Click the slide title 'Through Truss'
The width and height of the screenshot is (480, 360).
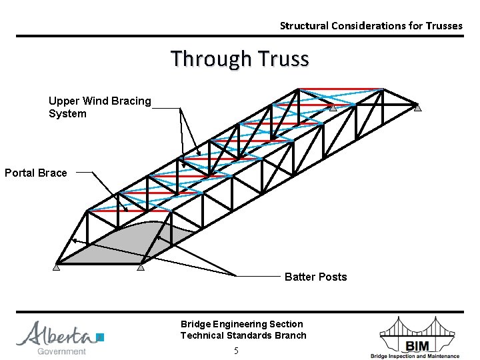pos(240,59)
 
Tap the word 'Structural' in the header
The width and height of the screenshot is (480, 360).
pos(301,26)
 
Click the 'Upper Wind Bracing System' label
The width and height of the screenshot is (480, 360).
pos(100,107)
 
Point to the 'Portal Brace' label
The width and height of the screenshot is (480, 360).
pos(36,173)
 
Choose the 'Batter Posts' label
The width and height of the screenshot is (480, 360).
pos(315,277)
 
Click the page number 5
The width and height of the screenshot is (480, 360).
pos(236,351)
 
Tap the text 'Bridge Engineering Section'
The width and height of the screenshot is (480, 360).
pos(241,324)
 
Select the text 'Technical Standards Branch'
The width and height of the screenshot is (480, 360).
pos(243,335)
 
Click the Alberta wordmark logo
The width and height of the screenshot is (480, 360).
pos(56,333)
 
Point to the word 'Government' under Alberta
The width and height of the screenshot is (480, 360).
pos(61,351)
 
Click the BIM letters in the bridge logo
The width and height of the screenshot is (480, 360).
pos(417,344)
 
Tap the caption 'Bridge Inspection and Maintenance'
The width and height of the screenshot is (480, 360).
pos(415,356)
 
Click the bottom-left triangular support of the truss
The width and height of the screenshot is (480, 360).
pos(57,268)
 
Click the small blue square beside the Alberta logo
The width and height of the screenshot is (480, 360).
pos(101,337)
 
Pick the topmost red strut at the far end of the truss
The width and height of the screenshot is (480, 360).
pos(340,89)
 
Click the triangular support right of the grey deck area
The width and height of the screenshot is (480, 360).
pos(141,268)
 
